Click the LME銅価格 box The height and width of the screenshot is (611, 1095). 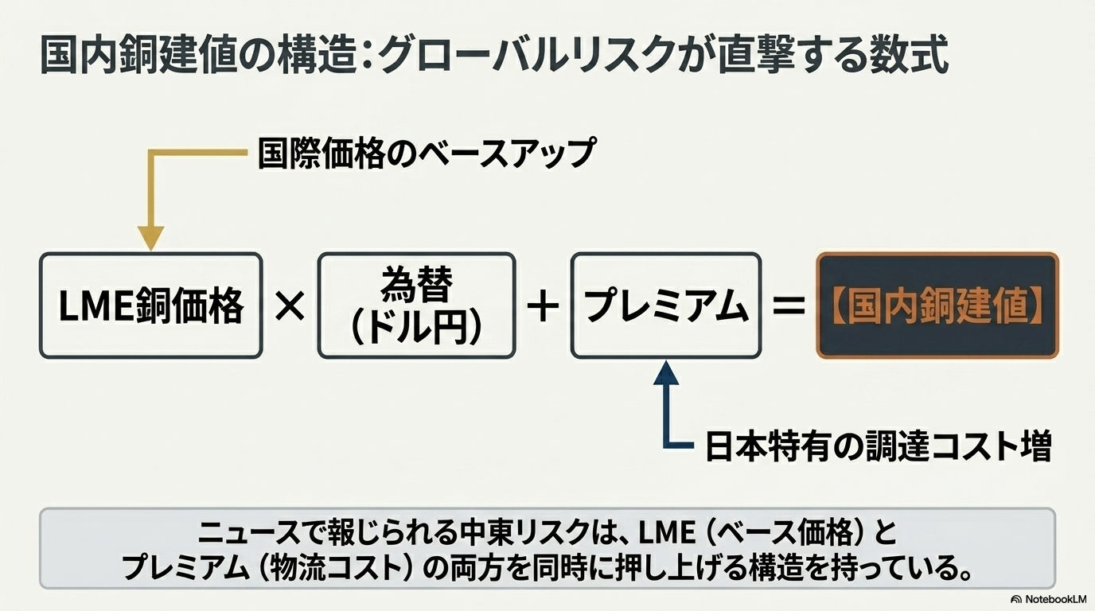[x=150, y=305]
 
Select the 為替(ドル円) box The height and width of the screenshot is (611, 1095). [x=416, y=305]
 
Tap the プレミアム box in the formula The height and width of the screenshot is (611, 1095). [x=666, y=305]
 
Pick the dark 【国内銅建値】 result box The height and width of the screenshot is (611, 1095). [x=937, y=305]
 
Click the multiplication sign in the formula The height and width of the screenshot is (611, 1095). [x=290, y=306]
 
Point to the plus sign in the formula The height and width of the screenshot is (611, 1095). [x=543, y=306]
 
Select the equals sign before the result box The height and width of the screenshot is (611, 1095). [x=789, y=306]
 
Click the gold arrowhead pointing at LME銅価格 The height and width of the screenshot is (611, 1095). [x=150, y=237]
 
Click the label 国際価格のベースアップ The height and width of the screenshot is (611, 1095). [x=426, y=153]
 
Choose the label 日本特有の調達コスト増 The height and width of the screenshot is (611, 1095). [x=879, y=446]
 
